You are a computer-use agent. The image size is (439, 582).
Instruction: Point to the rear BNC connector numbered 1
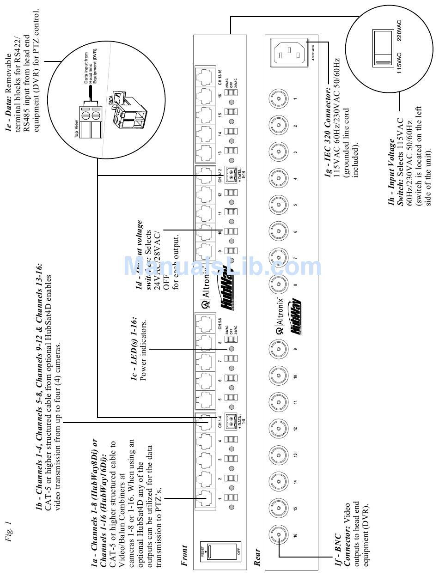[279, 98]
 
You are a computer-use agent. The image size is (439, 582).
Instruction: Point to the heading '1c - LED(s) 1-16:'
[134, 349]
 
